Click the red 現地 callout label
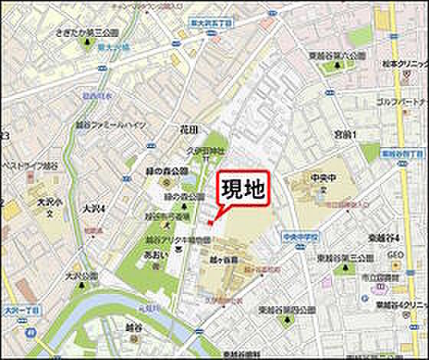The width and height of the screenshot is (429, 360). click(246, 189)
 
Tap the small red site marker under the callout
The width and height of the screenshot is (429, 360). click(210, 223)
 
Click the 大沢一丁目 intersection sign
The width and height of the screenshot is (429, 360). click(18, 311)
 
